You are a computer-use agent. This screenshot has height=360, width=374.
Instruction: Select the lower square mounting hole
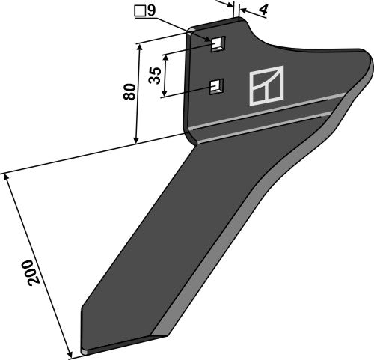[x=217, y=87]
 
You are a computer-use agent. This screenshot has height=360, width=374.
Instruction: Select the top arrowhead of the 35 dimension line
[x=166, y=52]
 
